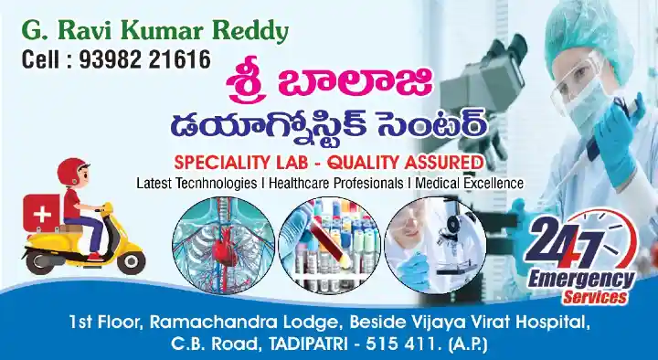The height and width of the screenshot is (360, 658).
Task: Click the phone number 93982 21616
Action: pos(152,60)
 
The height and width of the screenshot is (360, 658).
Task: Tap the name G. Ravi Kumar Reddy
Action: pos(154,33)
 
